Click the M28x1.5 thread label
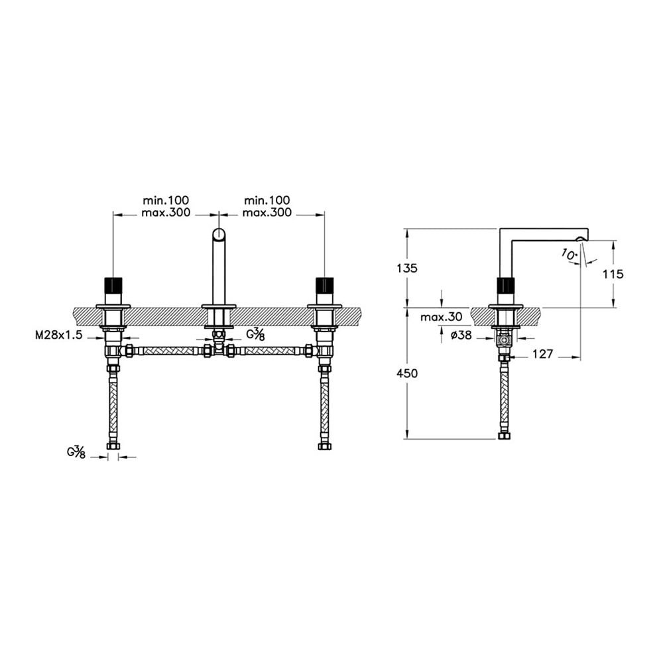click(x=58, y=335)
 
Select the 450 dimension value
click(x=407, y=373)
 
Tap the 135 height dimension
click(x=407, y=268)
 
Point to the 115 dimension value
click(x=613, y=274)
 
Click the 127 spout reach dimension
click(x=542, y=354)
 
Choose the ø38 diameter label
click(x=461, y=335)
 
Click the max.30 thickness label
click(x=442, y=317)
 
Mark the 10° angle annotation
click(x=570, y=254)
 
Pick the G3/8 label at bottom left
click(x=76, y=452)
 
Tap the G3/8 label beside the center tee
click(x=256, y=334)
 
